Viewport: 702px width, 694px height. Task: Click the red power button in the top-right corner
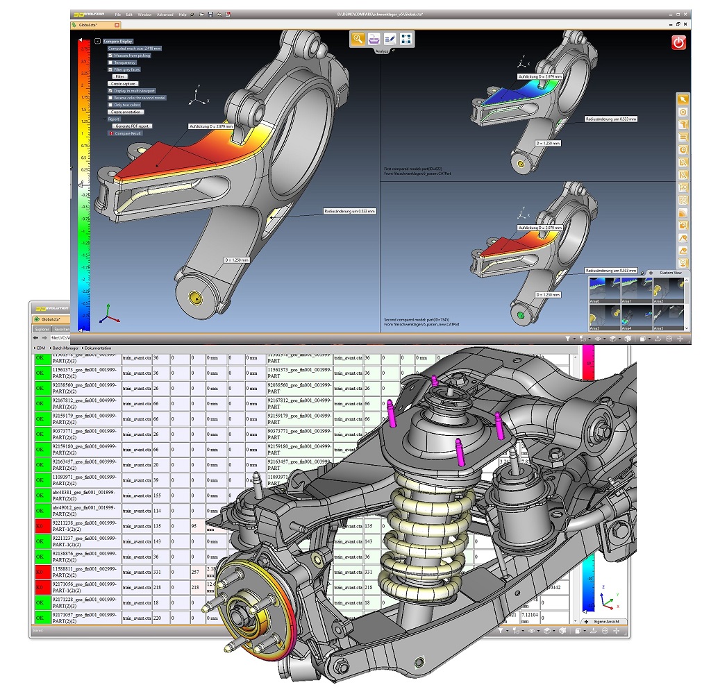click(x=678, y=42)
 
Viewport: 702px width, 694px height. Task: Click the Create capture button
click(x=122, y=83)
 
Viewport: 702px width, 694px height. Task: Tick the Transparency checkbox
click(x=110, y=62)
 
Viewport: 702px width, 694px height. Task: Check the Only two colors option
click(x=110, y=105)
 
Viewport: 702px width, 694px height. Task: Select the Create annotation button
click(x=126, y=112)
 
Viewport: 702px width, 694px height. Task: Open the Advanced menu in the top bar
click(x=165, y=14)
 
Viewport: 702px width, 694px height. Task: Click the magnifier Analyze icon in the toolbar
click(x=358, y=39)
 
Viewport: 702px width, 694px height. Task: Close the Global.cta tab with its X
click(x=117, y=24)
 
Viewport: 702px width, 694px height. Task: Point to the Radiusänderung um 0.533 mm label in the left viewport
click(x=349, y=210)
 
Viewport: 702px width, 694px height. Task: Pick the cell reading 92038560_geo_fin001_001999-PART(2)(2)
click(x=85, y=389)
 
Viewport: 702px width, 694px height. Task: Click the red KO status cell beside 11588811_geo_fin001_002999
click(x=42, y=572)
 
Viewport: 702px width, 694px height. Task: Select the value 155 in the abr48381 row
click(x=158, y=496)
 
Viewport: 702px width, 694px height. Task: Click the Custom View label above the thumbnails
click(x=671, y=273)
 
